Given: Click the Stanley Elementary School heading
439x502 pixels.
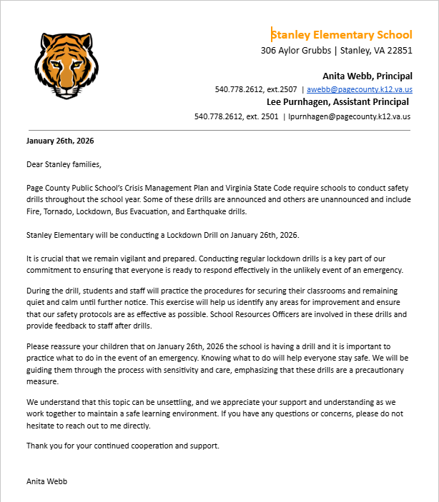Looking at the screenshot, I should coord(342,34).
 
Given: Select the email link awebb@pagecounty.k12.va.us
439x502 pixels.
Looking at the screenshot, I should coord(360,89).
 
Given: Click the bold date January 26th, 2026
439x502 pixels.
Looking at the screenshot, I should coord(60,141).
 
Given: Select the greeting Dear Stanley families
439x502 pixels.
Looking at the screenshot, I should coord(64,164).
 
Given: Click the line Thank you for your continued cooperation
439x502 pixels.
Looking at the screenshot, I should coord(122,446).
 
